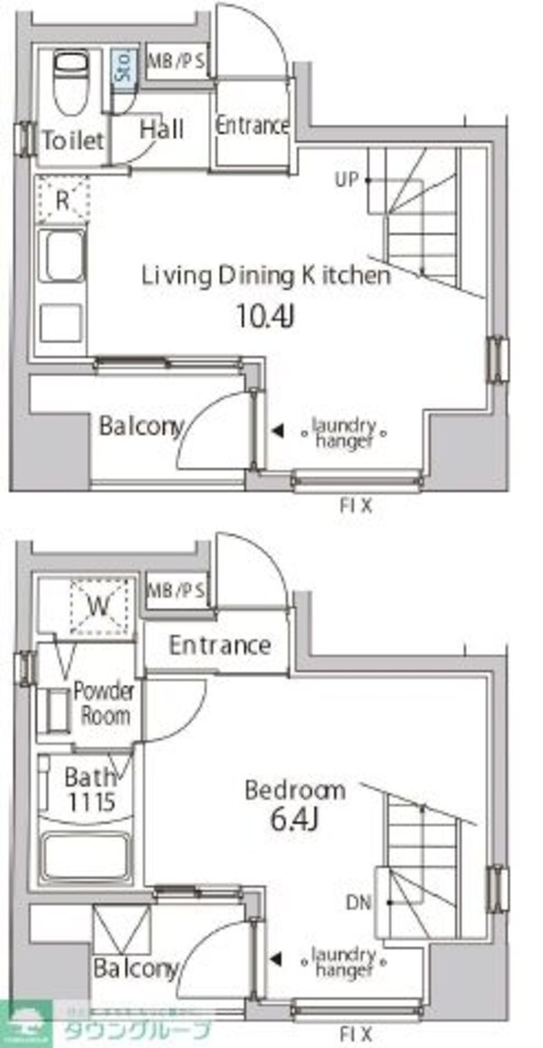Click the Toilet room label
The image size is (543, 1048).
[72, 140]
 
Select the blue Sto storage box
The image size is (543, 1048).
[123, 69]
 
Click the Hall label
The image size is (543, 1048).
[162, 129]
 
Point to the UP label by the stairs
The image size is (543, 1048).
[347, 180]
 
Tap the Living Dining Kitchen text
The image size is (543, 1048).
[266, 276]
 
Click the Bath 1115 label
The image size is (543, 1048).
[90, 787]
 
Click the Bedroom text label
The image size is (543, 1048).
[295, 790]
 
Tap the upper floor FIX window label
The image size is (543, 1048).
[355, 506]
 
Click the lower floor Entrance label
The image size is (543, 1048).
[220, 645]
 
